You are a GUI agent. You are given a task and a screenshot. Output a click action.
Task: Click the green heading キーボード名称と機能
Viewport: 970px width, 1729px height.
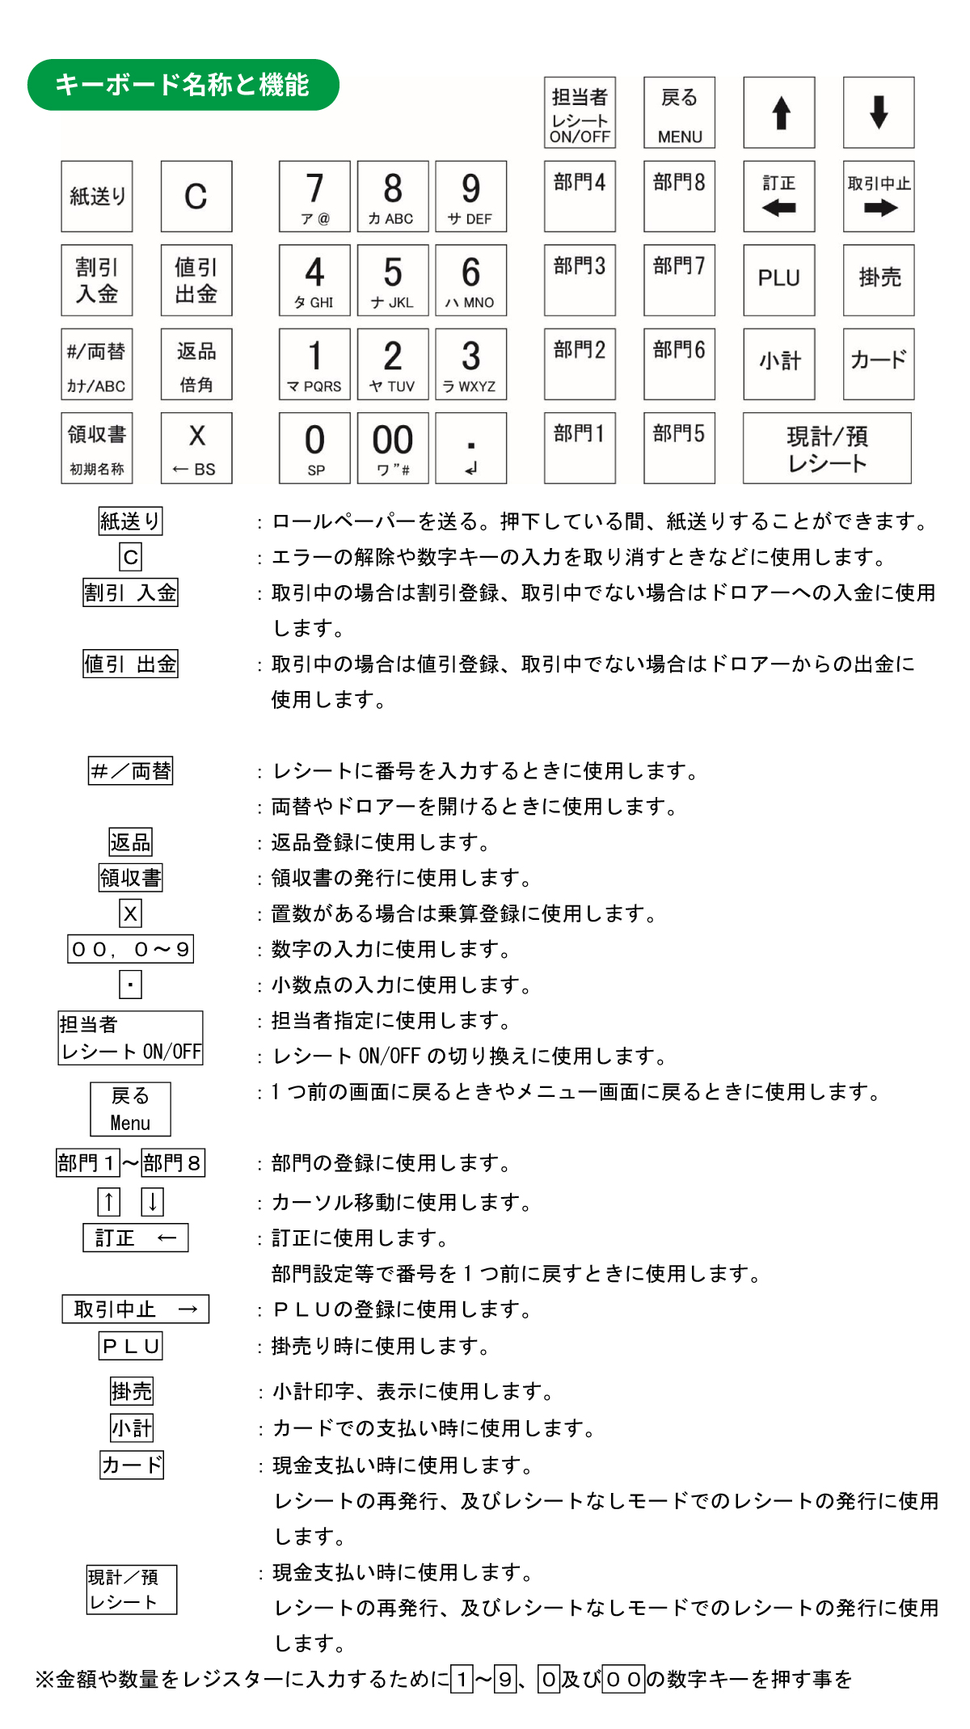coord(183,85)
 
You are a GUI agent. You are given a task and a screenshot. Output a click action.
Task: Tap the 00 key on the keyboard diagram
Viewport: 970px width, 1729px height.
coord(393,448)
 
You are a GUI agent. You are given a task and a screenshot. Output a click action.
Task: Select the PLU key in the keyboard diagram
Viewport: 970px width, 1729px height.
coord(778,280)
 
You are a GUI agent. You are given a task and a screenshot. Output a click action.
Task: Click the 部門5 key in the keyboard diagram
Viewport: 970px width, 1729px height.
coord(679,448)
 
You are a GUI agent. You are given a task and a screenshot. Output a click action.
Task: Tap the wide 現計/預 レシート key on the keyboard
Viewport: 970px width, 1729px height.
coord(827,448)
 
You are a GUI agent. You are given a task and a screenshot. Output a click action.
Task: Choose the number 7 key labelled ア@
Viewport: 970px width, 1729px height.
coord(314,196)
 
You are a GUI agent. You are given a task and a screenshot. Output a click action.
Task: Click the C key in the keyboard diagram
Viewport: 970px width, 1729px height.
coord(196,196)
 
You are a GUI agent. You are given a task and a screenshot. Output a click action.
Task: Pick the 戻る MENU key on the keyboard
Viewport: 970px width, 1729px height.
coord(679,112)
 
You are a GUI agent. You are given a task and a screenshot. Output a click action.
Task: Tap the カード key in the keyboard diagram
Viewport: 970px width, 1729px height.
coord(879,364)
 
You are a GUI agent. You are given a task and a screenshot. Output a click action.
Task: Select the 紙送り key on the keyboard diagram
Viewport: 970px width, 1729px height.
coord(97,196)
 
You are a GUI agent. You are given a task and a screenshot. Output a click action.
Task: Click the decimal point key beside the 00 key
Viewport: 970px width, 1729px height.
coord(470,448)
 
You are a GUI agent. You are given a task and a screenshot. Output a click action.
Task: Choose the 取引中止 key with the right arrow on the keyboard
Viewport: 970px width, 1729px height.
coord(879,196)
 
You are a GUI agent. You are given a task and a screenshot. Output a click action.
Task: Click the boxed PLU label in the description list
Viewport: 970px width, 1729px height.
coord(130,1346)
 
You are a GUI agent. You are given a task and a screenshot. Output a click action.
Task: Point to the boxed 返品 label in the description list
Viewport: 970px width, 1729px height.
coord(130,842)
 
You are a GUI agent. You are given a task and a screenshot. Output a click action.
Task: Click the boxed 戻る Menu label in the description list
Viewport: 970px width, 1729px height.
coord(130,1109)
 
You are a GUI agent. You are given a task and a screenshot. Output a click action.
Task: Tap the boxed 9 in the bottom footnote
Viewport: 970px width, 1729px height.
coord(505,1680)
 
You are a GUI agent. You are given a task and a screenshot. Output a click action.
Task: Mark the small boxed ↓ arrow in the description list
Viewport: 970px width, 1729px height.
coord(152,1202)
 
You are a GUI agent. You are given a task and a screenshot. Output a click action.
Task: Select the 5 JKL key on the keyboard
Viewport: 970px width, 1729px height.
coord(393,280)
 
